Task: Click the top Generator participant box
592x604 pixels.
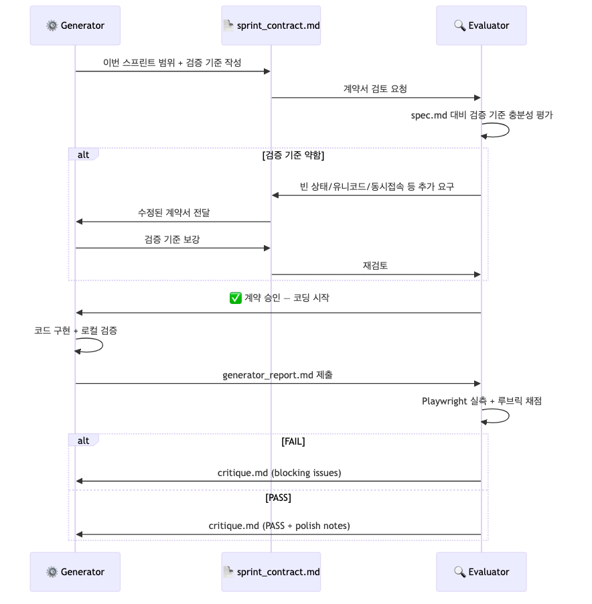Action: coord(75,25)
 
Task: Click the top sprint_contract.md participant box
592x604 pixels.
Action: coord(271,25)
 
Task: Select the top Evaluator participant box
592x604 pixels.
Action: coord(481,25)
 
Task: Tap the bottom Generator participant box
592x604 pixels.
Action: coord(75,572)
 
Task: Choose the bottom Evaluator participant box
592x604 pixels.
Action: coord(481,572)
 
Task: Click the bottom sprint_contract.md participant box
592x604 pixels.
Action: coord(271,572)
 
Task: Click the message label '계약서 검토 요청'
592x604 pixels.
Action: coord(375,88)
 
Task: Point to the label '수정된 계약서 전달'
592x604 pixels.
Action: coord(173,212)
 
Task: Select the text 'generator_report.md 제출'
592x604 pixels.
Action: coord(278,375)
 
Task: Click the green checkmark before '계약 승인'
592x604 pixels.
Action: coord(236,298)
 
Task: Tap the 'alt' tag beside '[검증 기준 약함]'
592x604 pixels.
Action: coord(83,155)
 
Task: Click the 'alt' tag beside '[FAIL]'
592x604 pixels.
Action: coord(83,441)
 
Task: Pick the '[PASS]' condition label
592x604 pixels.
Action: coord(278,498)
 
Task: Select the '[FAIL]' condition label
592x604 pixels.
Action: coord(293,441)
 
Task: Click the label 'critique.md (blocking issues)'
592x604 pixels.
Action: coord(279,473)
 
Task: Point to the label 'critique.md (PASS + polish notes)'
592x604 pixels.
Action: coord(279,526)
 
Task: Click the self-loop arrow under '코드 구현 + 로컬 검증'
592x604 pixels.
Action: coord(94,346)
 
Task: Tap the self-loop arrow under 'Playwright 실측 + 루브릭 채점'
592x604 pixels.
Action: coord(500,416)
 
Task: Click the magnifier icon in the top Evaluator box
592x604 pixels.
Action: coord(459,25)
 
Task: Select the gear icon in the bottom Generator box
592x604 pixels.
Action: coord(52,572)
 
